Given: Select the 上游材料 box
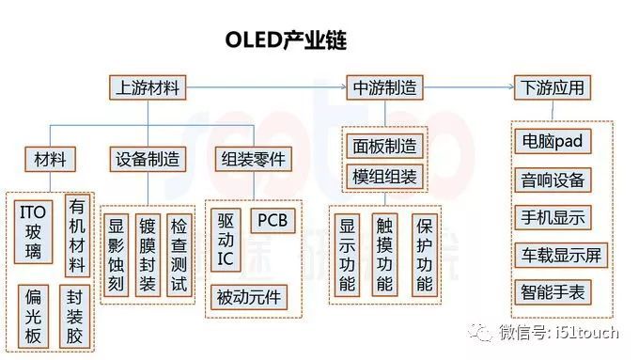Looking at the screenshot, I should tap(146, 88).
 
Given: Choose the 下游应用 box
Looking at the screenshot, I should tap(553, 88).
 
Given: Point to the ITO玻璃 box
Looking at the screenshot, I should tap(34, 228).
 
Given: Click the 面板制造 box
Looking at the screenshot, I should tap(384, 147).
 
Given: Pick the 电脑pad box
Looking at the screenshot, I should tap(553, 142).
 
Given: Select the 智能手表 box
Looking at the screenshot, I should tap(553, 291).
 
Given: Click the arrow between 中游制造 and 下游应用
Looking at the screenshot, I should tap(470, 88).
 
